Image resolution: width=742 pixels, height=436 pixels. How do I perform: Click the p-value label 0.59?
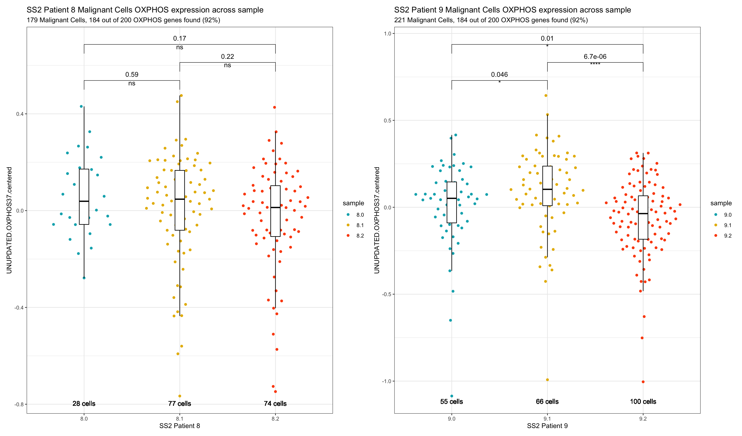pos(132,74)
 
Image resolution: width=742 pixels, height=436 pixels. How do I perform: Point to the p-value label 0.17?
pos(179,38)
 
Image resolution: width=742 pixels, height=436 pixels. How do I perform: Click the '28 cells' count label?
pos(84,403)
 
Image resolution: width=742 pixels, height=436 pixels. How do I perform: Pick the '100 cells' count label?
pos(643,401)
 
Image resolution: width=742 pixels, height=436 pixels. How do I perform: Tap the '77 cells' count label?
pos(179,403)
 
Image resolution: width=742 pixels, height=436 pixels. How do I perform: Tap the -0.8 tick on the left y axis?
pos(19,404)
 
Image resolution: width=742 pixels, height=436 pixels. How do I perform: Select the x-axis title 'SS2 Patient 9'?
pos(547,426)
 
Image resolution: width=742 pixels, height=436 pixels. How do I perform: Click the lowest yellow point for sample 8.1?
pos(180,396)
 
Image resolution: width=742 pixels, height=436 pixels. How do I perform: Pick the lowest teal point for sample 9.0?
pos(452,396)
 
